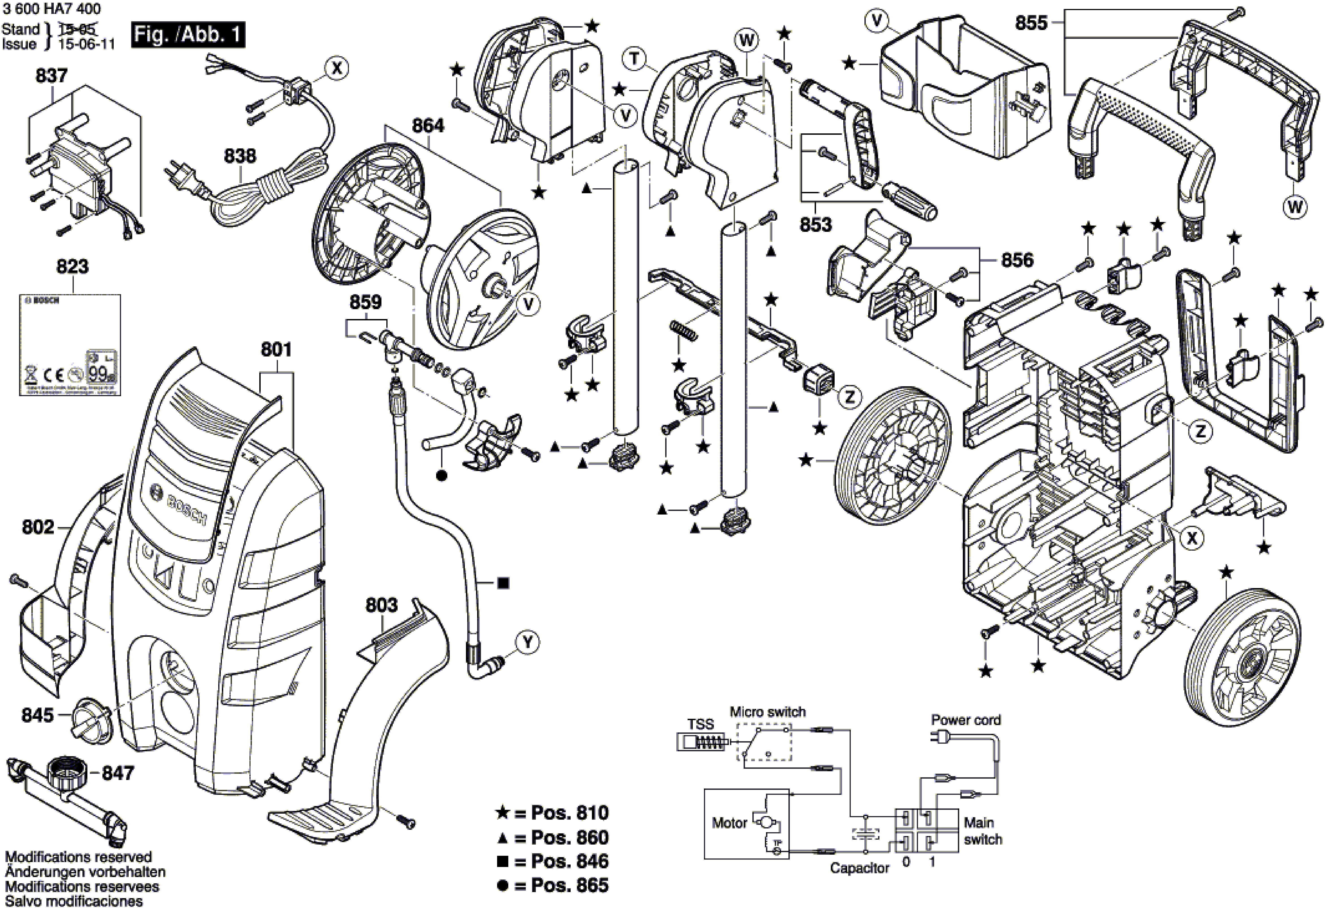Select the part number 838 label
point(240,156)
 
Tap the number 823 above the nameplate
point(73,267)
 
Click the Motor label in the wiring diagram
point(729,823)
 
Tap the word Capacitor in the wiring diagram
point(859,868)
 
